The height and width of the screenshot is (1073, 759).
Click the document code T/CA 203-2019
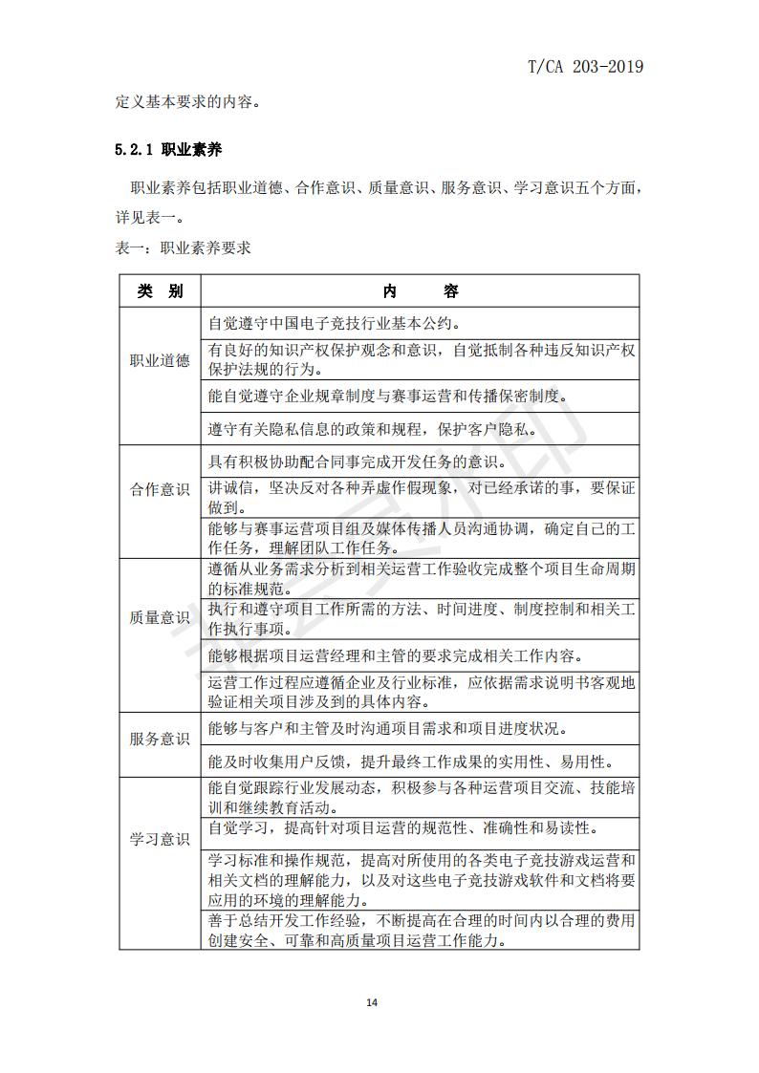[585, 66]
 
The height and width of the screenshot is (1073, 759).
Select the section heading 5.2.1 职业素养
[168, 150]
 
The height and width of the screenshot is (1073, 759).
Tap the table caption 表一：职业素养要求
[183, 247]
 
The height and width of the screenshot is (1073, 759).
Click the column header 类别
[160, 291]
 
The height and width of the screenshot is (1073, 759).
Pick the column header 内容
[420, 291]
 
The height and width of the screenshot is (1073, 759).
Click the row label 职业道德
[160, 361]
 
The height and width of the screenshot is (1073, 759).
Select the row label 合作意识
[160, 489]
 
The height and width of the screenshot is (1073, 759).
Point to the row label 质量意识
[160, 617]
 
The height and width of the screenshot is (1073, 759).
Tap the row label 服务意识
[160, 739]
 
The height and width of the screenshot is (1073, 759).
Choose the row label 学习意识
[160, 840]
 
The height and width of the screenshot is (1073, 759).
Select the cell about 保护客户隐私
[385, 429]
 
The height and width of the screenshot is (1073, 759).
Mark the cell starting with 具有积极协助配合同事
[358, 461]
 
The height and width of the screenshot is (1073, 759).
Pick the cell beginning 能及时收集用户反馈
[410, 761]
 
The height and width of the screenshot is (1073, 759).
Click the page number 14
[373, 1002]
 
